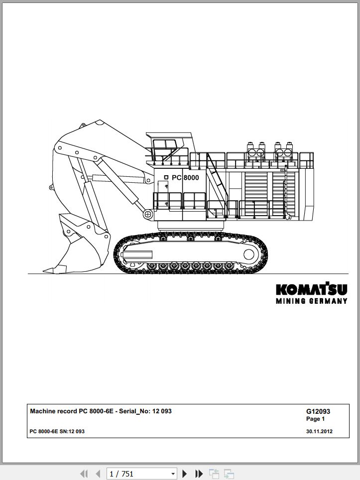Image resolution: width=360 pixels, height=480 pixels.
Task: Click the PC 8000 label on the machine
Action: [185, 178]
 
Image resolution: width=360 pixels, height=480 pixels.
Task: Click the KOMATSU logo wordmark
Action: [312, 289]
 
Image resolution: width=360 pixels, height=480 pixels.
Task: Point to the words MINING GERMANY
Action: [312, 301]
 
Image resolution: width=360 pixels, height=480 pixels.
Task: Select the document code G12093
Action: [318, 411]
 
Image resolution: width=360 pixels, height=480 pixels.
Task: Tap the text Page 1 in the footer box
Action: [315, 419]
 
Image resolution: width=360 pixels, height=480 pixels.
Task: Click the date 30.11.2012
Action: [319, 431]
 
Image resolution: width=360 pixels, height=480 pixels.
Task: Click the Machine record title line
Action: [101, 411]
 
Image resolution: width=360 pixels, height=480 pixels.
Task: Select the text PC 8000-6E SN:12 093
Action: [57, 431]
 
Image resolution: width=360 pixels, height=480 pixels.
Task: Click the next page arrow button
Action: [185, 474]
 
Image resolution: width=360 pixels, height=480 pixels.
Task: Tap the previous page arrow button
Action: [98, 474]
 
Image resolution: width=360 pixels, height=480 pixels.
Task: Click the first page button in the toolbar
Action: [84, 474]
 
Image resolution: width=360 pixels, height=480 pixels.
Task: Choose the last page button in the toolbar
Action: [199, 474]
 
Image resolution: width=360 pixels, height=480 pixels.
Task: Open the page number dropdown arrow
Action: [173, 474]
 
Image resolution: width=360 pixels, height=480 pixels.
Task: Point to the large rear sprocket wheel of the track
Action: [248, 254]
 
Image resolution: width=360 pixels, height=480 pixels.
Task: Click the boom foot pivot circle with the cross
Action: [147, 214]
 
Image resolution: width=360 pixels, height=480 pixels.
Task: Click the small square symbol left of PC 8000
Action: [166, 177]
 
